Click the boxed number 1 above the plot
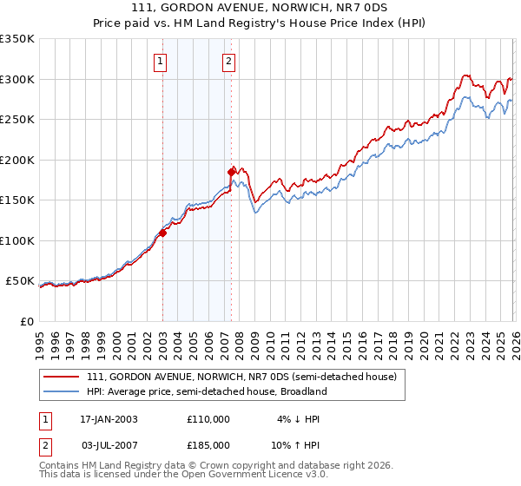162,61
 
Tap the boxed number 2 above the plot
228,61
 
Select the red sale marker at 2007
231,172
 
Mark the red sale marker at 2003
162,233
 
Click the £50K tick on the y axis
20,281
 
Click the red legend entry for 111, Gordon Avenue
241,377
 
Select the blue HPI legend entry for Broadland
206,391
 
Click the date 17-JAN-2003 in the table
109,419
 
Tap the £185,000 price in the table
208,444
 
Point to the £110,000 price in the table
208,419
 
